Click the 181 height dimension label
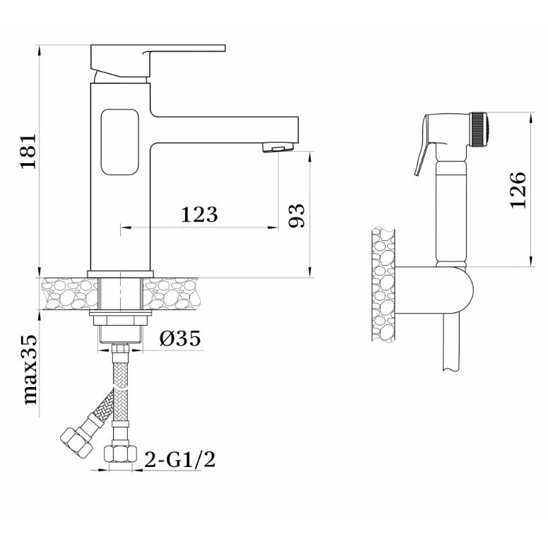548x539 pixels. pos(28,150)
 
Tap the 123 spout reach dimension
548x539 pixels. pos(199,214)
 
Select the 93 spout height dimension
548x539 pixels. pos(297,215)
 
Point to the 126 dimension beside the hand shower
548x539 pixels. pos(518,190)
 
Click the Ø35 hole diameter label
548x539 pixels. pos(180,338)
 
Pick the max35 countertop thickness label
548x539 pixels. pos(30,370)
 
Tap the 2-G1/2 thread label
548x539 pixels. pos(179,459)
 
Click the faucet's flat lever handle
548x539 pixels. pos(158,61)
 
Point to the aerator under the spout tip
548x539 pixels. pos(278,147)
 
